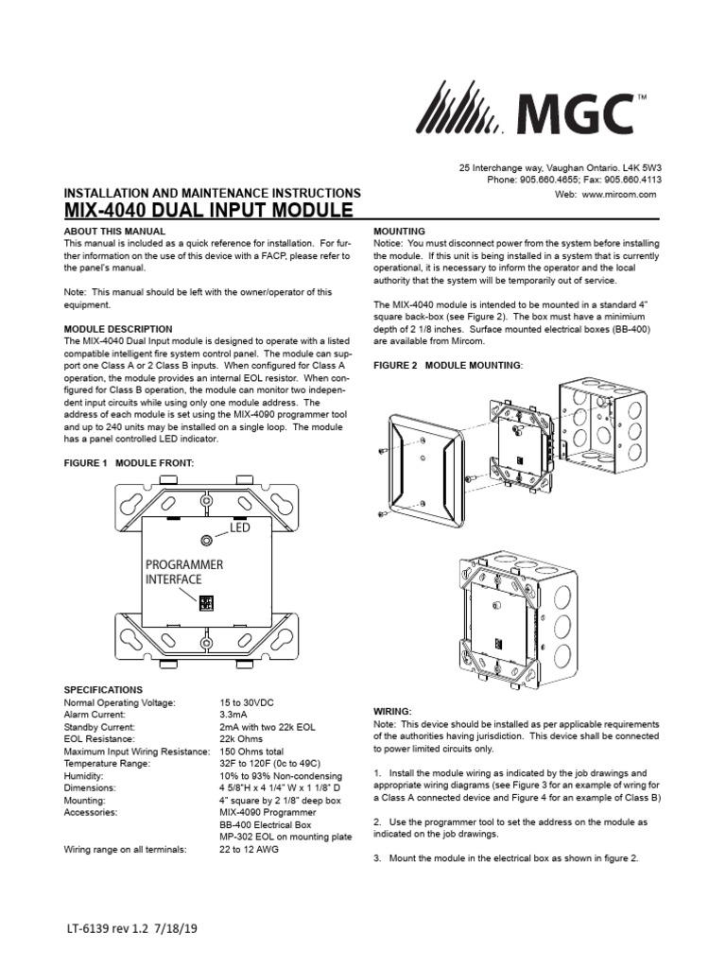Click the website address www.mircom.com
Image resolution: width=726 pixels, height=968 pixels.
[625, 193]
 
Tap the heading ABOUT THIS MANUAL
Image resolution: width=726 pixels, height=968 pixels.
[113, 232]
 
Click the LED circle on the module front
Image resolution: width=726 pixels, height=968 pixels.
[206, 540]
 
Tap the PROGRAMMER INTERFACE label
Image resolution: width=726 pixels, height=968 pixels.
[184, 570]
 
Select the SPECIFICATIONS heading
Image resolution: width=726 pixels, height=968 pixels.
[103, 690]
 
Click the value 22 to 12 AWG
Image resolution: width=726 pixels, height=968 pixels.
[250, 850]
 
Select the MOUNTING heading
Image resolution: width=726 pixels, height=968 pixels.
[400, 232]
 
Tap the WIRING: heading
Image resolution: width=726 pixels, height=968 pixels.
[394, 710]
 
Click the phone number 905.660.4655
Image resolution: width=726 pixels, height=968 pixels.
[552, 179]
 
